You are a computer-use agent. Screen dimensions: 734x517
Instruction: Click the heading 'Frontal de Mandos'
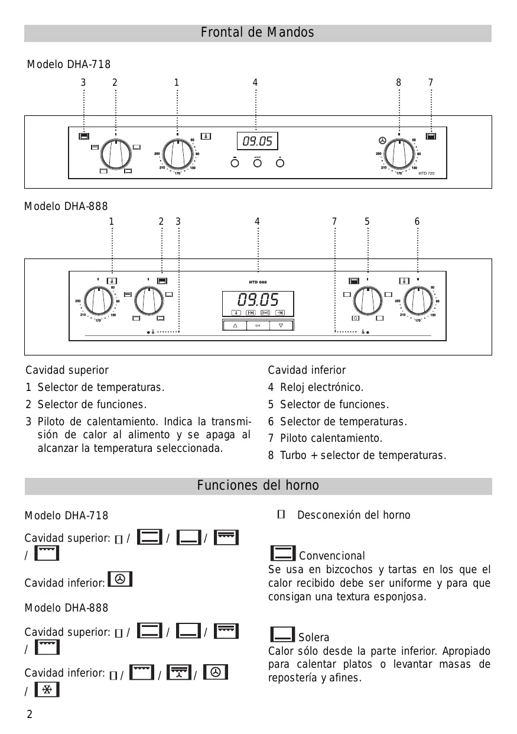pyautogui.click(x=258, y=33)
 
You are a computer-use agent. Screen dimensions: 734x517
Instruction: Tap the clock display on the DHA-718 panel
pyautogui.click(x=258, y=141)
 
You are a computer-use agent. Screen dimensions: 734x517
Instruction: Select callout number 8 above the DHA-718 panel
pyautogui.click(x=399, y=83)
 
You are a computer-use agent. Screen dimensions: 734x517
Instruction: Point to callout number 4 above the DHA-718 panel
pyautogui.click(x=255, y=83)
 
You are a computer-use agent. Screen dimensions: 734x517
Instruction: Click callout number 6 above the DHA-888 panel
pyautogui.click(x=417, y=222)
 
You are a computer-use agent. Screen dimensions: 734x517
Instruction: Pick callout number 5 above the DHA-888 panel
pyautogui.click(x=367, y=222)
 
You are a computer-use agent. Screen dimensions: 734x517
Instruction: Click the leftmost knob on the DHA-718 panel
pyautogui.click(x=116, y=155)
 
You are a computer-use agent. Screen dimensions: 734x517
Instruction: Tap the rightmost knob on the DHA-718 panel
pyautogui.click(x=399, y=155)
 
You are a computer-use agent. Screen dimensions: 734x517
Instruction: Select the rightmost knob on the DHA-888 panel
pyautogui.click(x=417, y=300)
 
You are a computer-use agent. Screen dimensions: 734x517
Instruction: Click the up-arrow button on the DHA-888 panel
pyautogui.click(x=235, y=325)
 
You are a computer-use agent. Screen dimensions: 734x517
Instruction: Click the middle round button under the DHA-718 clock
pyautogui.click(x=257, y=163)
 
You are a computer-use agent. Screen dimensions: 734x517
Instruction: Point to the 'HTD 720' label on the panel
pyautogui.click(x=426, y=173)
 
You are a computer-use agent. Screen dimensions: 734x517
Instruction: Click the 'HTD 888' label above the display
pyautogui.click(x=258, y=282)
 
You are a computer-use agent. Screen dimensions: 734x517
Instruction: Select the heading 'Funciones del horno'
pyautogui.click(x=258, y=486)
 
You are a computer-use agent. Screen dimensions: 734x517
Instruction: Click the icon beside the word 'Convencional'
pyautogui.click(x=282, y=554)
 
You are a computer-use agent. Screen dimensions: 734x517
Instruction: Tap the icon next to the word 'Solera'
pyautogui.click(x=282, y=635)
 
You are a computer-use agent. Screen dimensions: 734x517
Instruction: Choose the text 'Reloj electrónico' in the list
pyautogui.click(x=321, y=387)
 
